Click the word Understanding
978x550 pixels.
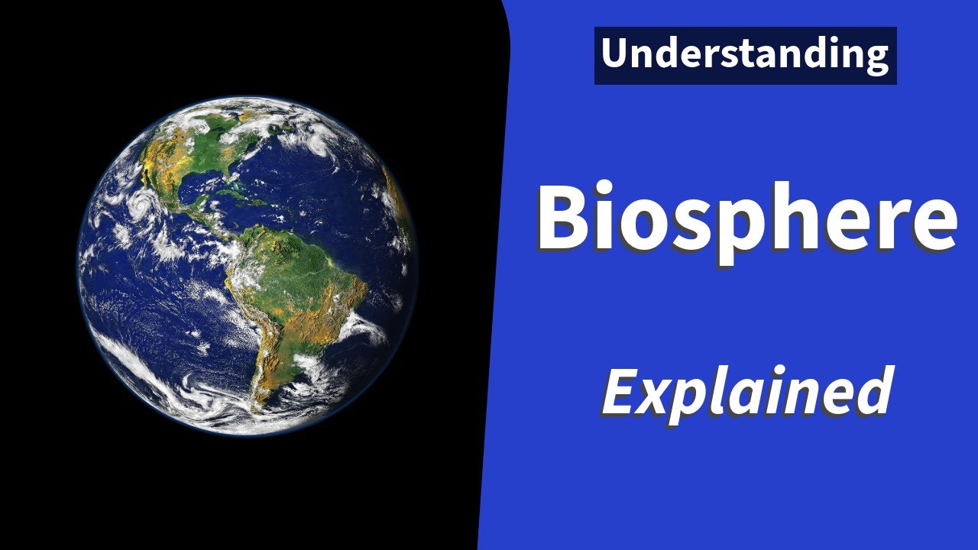pos(745,55)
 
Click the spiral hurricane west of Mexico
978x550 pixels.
pos(141,204)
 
